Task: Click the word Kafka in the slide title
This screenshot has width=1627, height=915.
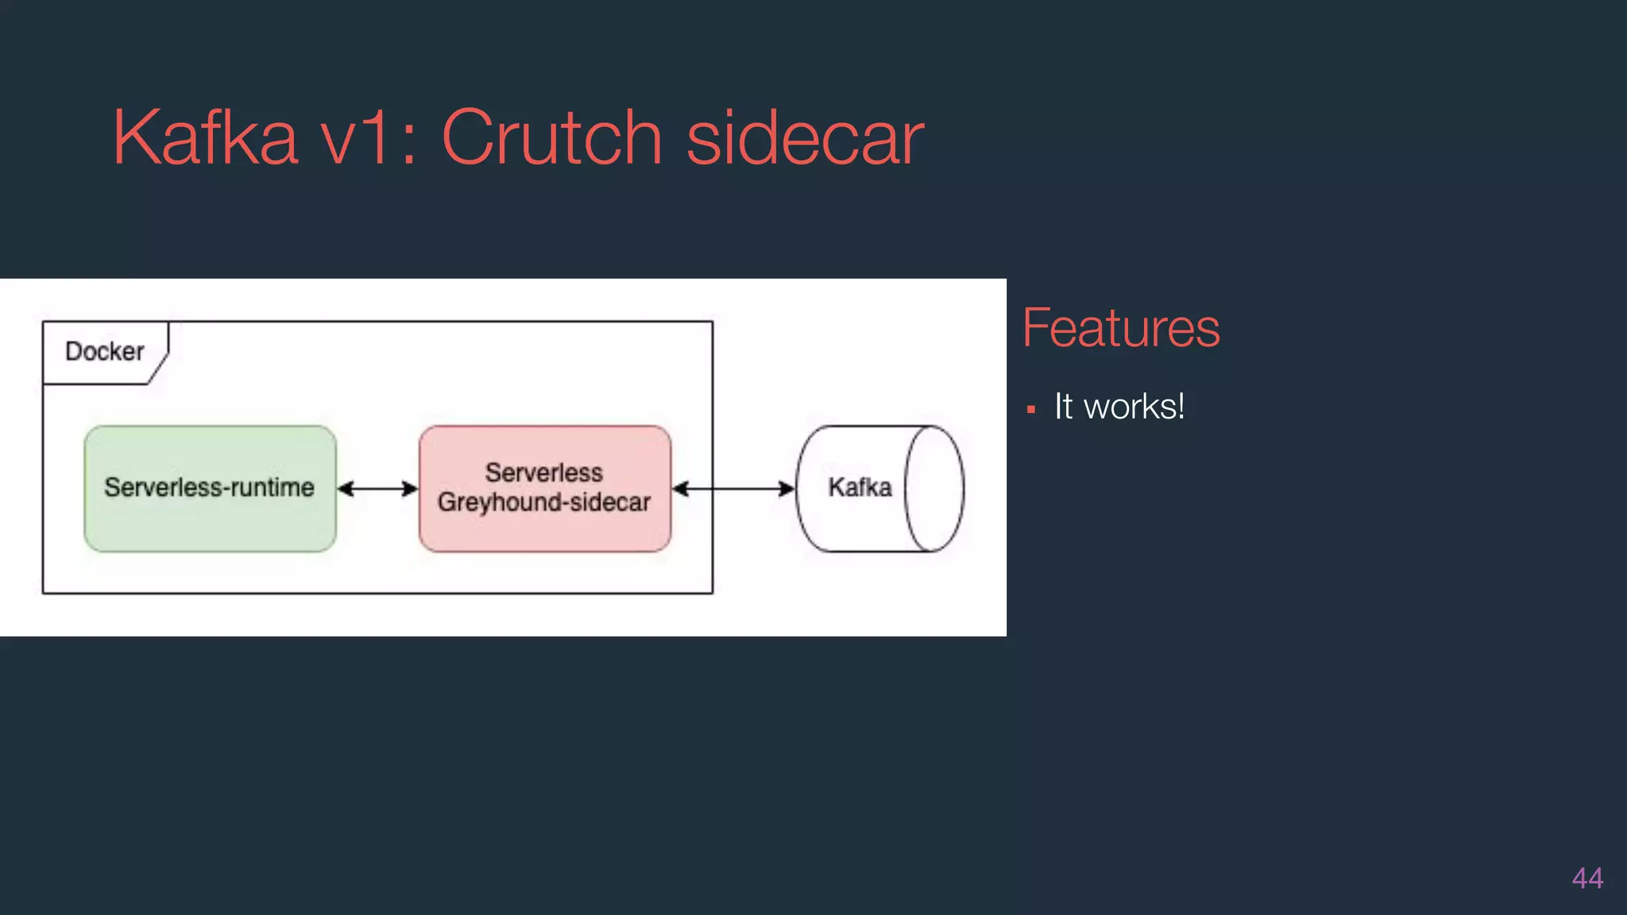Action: [205, 138]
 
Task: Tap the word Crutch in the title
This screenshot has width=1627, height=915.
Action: [551, 138]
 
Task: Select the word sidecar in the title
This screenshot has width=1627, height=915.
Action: [805, 138]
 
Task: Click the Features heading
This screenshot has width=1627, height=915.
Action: [1120, 328]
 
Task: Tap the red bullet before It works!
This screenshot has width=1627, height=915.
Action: [1031, 410]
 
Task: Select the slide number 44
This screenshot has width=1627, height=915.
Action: [1586, 878]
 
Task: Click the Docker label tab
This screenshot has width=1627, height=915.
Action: [105, 352]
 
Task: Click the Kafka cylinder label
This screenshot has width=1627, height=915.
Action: [860, 487]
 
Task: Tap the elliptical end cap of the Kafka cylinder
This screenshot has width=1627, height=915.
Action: [934, 488]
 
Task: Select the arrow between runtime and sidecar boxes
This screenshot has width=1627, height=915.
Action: [377, 488]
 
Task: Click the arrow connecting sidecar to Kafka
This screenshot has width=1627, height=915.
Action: [732, 488]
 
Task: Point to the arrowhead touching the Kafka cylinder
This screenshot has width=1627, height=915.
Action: [786, 488]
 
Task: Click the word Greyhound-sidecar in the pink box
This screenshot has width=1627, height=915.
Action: [544, 502]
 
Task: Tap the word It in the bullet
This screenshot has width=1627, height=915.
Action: [1063, 407]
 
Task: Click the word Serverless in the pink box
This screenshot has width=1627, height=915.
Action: [544, 473]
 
